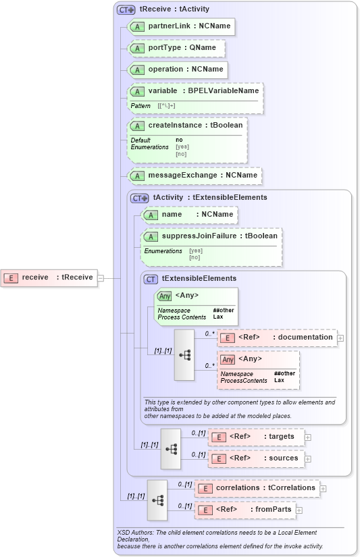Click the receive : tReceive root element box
coord(49,277)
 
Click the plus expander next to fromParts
coord(299,510)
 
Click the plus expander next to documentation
coord(340,338)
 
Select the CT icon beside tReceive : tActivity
coord(126,10)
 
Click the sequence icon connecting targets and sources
coord(171,448)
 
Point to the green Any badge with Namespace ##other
coord(164,296)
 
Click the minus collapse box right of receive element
coord(101,277)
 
